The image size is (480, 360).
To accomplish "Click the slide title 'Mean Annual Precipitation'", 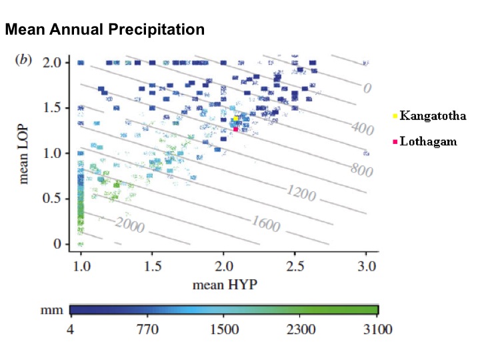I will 104,29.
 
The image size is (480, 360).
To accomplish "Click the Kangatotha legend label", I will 433,116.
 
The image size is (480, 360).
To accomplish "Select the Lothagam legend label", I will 428,141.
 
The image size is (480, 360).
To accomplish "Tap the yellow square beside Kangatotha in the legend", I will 395,116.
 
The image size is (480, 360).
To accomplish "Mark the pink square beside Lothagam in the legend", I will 395,141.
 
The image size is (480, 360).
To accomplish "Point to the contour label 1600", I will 265,224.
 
